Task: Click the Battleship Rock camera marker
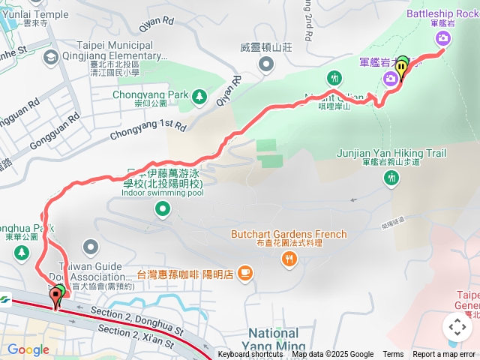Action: tap(443, 38)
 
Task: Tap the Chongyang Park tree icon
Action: tap(199, 95)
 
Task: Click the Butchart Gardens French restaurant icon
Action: tap(289, 259)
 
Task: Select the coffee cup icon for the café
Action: tap(244, 274)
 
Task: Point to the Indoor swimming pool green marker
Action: tap(163, 209)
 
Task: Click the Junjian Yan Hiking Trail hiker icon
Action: tap(391, 178)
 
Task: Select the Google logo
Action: tap(28, 349)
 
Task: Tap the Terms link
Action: tap(393, 355)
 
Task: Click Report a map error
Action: tap(444, 355)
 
